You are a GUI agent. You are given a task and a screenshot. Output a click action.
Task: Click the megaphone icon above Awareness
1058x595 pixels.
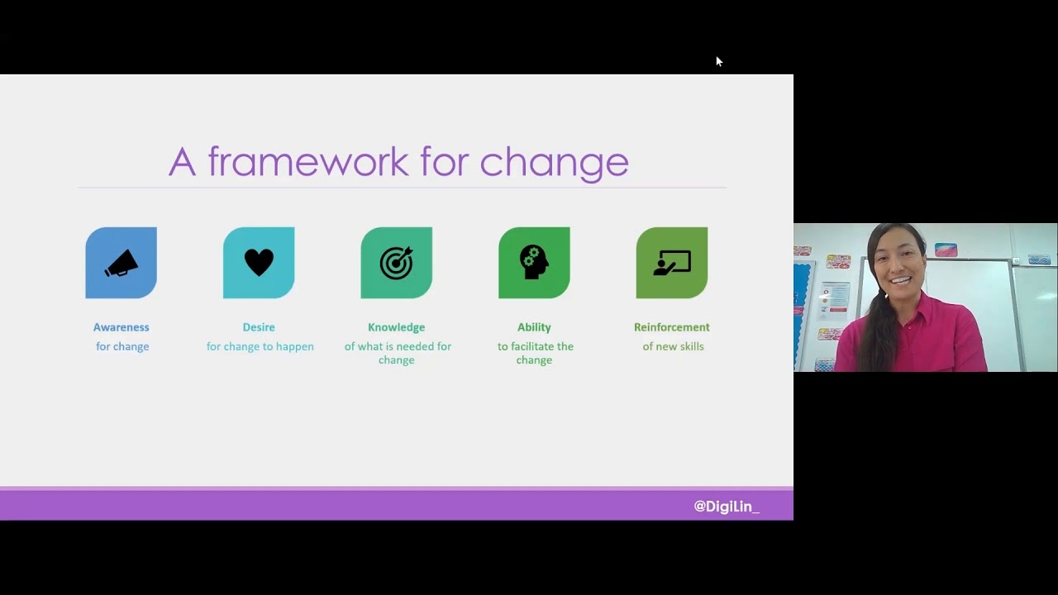122,263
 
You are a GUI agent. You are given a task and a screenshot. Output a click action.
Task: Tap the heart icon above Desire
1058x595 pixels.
259,262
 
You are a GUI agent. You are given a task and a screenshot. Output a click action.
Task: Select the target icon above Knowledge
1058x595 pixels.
397,263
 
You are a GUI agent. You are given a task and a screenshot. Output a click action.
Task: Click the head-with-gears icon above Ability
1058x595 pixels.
534,262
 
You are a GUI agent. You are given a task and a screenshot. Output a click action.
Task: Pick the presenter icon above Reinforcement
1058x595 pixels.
672,263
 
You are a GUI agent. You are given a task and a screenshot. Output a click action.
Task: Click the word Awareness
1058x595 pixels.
122,327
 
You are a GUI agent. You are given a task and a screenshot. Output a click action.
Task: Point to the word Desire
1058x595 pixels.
259,327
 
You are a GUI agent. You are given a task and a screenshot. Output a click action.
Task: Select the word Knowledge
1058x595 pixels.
396,327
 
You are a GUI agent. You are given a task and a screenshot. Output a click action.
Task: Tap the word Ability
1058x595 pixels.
534,327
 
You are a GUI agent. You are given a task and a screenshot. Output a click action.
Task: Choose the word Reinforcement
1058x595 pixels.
672,327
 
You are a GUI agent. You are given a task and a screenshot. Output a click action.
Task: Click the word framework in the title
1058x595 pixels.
308,161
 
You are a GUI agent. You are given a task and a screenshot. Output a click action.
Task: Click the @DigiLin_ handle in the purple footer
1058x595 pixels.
727,507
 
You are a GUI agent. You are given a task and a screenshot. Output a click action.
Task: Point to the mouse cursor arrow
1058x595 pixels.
719,61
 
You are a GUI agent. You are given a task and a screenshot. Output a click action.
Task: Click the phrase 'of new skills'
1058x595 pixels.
673,346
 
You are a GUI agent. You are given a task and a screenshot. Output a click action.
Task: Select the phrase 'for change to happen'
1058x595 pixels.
260,346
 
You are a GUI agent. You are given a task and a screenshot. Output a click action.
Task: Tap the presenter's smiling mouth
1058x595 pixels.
901,281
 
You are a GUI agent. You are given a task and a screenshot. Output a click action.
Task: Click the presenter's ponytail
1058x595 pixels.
878,331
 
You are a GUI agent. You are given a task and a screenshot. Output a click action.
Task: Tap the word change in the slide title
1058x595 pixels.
554,163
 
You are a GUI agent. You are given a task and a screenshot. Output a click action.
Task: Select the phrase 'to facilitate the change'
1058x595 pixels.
535,353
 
